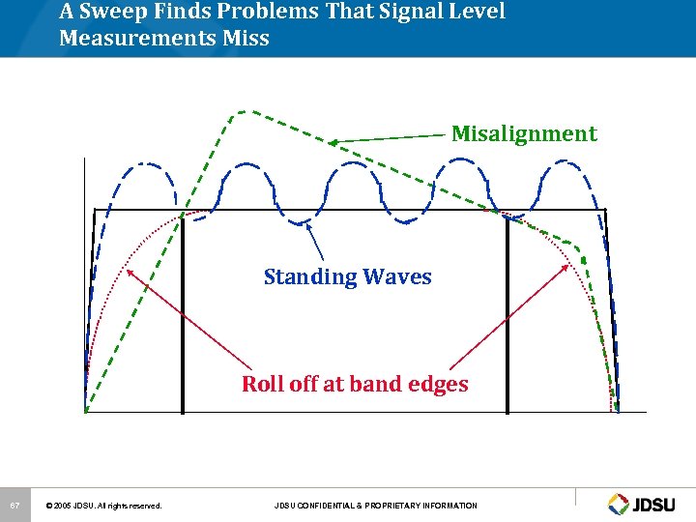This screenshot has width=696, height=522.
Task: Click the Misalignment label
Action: [524, 133]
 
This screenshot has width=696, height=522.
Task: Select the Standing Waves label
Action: [347, 277]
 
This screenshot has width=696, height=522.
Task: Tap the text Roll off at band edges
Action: [355, 384]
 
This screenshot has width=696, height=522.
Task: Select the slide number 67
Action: [14, 506]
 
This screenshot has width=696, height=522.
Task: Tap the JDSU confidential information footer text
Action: [375, 506]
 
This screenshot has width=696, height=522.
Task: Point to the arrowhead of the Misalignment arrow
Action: [332, 142]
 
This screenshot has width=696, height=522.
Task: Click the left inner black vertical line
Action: [182, 309]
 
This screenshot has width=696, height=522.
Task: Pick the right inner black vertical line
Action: [507, 309]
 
